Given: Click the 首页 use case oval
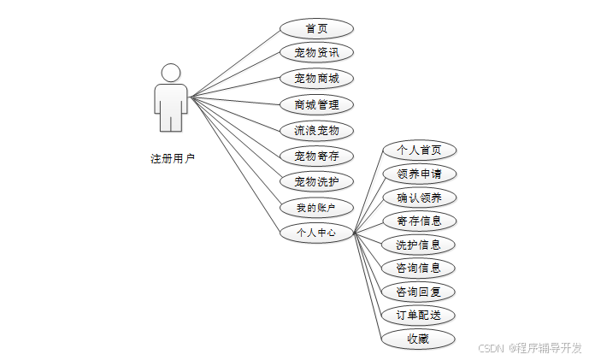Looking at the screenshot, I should [316, 28].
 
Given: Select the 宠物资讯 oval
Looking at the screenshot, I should [316, 53].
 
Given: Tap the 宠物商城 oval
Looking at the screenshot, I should [316, 79].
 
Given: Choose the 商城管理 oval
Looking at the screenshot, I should [316, 104].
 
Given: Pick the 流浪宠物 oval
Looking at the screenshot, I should [316, 130].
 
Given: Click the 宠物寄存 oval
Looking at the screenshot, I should [316, 156].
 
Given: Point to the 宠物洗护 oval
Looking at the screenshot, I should [316, 181].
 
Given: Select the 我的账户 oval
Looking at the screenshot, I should [316, 207].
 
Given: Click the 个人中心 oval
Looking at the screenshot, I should [316, 233].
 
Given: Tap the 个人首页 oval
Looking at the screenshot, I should [419, 150].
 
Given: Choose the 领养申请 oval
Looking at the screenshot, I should [419, 174].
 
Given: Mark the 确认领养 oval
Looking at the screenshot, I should [419, 198].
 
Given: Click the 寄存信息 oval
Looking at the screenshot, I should [419, 221].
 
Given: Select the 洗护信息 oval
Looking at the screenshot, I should [419, 245].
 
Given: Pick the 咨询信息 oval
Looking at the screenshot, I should [419, 268].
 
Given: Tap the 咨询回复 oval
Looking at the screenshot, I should [419, 292].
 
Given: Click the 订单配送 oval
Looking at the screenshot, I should [419, 315].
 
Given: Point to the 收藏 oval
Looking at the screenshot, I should [419, 339].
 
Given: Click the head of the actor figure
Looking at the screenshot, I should [171, 72].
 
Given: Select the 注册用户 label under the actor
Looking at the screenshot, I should [173, 158].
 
